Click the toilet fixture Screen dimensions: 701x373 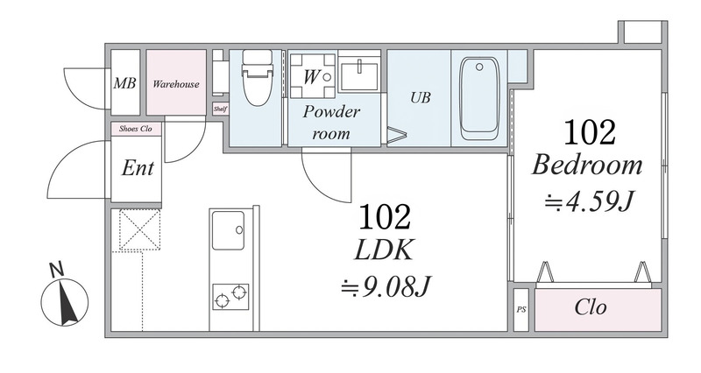coord(257,77)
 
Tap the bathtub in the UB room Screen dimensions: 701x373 coord(479,98)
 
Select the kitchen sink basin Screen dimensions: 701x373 coord(228,230)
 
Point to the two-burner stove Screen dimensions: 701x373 coord(230,297)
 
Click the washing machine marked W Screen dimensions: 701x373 coord(312,76)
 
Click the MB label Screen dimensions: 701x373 coord(124,83)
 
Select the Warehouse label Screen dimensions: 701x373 coord(176,84)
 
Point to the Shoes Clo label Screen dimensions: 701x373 coord(136,129)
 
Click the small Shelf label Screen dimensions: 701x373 coord(220,109)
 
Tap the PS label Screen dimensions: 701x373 coord(520,309)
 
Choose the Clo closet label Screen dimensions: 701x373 coord(590,307)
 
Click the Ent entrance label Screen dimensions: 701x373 coord(138,168)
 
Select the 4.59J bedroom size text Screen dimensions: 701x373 coord(588,202)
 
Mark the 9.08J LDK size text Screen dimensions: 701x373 coord(385,286)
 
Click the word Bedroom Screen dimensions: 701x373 coord(586,165)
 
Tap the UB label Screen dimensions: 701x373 coord(421,97)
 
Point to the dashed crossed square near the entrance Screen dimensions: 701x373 coord(139,229)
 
